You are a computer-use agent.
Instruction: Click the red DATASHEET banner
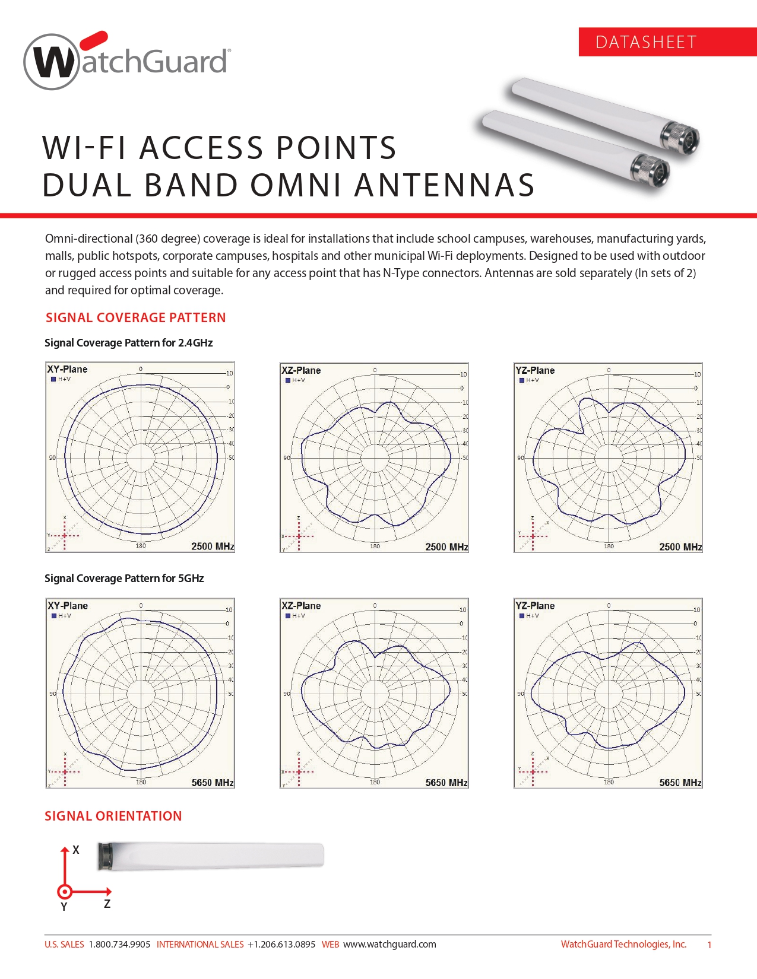click(x=667, y=42)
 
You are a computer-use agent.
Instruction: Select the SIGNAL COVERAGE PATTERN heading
click(x=135, y=317)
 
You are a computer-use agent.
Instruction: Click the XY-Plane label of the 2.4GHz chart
click(x=67, y=369)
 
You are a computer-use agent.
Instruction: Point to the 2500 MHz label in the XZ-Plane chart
click(x=446, y=546)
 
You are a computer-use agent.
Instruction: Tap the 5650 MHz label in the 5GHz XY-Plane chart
click(x=213, y=783)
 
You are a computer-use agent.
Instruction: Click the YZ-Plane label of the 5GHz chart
click(x=535, y=606)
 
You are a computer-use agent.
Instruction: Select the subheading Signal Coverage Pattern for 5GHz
click(x=124, y=578)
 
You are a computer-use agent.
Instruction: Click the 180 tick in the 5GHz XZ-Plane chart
click(x=375, y=782)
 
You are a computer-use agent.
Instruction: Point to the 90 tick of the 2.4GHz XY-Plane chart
click(x=52, y=457)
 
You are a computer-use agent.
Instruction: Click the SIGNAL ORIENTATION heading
click(x=113, y=816)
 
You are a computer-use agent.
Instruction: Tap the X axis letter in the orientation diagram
click(x=76, y=850)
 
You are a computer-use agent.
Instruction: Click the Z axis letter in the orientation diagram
click(x=107, y=904)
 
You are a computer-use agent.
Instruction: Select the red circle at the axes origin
click(x=65, y=891)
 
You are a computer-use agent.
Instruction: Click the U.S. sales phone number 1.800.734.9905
click(x=119, y=944)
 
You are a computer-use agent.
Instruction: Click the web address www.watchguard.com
click(x=389, y=944)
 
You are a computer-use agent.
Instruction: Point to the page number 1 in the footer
click(x=709, y=945)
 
